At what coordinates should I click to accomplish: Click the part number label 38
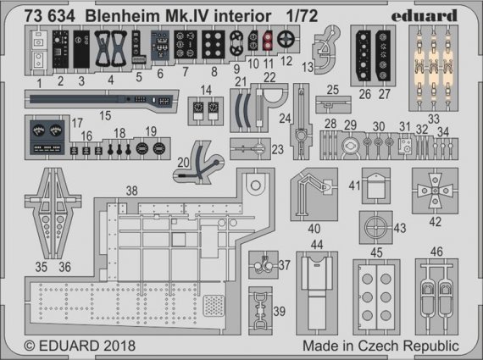click(130, 191)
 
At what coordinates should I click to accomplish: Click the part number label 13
click(307, 65)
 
